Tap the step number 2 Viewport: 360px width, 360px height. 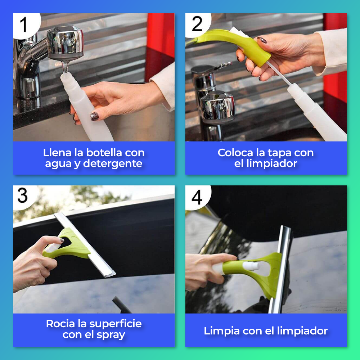[197, 24]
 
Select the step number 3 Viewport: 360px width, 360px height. [22, 195]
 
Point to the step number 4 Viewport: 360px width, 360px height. [197, 197]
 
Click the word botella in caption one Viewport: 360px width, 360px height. [104, 153]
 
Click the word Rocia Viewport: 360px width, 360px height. [60, 324]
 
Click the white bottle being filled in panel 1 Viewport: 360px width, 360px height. [86, 108]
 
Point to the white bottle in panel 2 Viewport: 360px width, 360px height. [317, 112]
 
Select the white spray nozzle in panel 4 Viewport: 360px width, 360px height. [250, 266]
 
